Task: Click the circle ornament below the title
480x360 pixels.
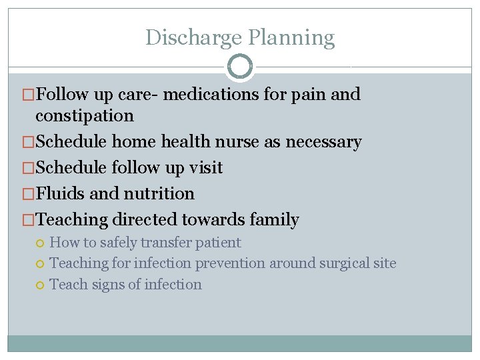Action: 240,67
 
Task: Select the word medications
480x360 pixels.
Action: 211,94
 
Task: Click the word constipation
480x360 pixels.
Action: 85,115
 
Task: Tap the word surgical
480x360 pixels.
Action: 345,263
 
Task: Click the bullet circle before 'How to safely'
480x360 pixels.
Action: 41,243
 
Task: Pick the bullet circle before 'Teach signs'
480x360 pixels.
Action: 41,285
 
